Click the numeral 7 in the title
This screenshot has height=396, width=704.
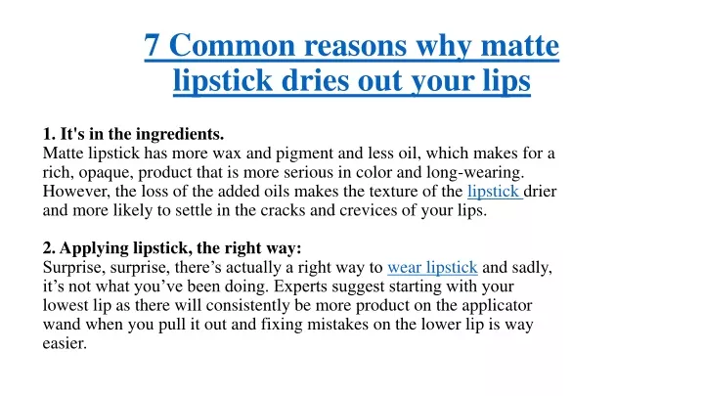point(152,45)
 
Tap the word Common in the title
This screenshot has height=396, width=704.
point(232,45)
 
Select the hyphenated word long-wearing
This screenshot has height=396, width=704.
point(475,173)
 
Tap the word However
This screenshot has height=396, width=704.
point(76,192)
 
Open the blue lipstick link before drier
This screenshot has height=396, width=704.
point(494,192)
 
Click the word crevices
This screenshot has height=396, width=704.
point(369,210)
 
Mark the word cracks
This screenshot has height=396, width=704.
point(283,210)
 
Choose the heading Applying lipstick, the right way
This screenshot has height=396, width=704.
point(172,248)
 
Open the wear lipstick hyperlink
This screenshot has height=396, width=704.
point(432,268)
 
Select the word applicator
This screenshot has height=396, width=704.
point(497,306)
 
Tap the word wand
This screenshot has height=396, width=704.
point(62,325)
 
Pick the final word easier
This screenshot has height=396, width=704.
point(65,344)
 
